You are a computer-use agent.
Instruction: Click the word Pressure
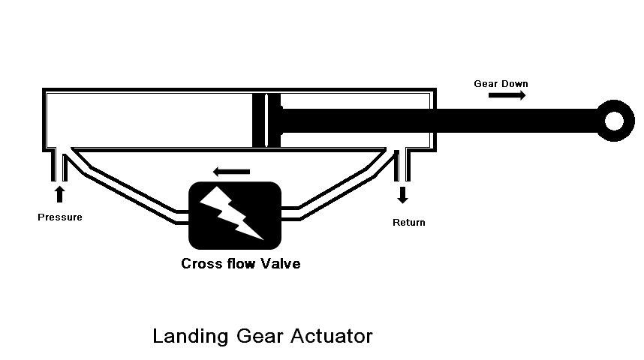click(59, 217)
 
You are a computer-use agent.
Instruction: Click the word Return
click(409, 222)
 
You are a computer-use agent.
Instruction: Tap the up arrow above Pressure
click(60, 194)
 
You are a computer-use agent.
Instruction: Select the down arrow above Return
click(403, 195)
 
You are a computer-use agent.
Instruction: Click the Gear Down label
click(501, 83)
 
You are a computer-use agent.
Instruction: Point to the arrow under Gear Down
click(507, 96)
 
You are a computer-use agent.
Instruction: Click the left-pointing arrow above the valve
click(231, 172)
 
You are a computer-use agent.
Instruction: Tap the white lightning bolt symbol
click(235, 214)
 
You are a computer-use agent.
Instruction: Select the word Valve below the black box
click(280, 264)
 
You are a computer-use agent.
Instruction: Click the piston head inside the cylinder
click(266, 120)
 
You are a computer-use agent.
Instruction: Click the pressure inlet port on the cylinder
click(59, 163)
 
